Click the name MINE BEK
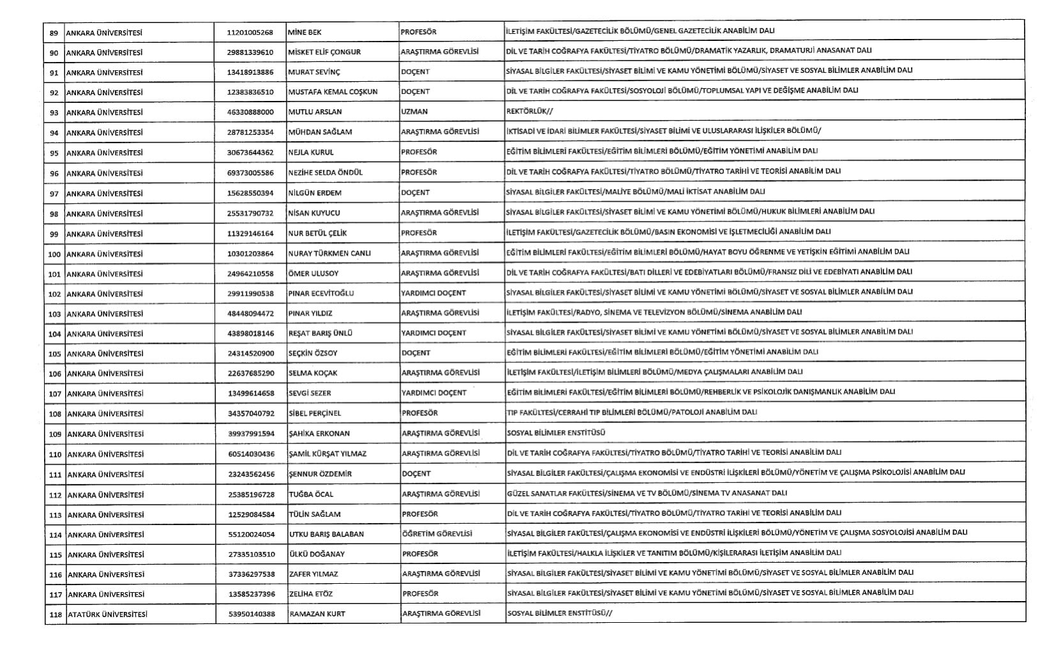coord(305,32)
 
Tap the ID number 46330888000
coord(250,112)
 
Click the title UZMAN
coord(414,112)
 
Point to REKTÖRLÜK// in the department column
coord(529,111)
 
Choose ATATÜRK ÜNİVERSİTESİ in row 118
coord(107,615)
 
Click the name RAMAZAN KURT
coord(317,614)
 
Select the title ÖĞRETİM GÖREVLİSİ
coord(437,533)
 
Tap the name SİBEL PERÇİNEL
coord(315,413)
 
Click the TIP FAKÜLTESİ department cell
coord(631,413)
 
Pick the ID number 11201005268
coord(250,33)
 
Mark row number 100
coord(54,254)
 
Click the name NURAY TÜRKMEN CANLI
coord(329,254)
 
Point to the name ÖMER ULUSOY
coord(313,273)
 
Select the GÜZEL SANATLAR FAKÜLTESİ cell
coord(647,493)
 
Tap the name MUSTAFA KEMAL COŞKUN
coord(333,92)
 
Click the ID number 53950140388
coord(252,615)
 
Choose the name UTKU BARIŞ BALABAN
coord(326,534)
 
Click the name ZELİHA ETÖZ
coord(311,594)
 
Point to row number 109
coord(55,434)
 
